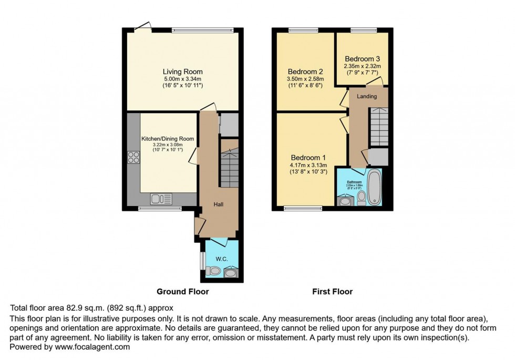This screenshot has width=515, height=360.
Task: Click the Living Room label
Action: [x=182, y=72]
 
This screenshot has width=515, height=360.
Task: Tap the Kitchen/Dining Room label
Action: [x=168, y=139]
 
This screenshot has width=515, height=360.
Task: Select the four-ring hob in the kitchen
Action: [x=133, y=158]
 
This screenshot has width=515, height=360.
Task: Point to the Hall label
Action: [x=219, y=204]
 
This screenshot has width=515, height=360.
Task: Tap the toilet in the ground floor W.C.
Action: [x=213, y=271]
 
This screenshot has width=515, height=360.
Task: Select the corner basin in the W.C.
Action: [x=231, y=272]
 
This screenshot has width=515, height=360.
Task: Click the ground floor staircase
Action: [x=229, y=166]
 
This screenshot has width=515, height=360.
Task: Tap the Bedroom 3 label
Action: [x=362, y=59]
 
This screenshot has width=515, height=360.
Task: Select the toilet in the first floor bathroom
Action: [x=361, y=198]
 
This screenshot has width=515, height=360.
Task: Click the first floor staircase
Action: [x=378, y=126]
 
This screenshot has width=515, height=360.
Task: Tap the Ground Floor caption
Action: [x=183, y=292]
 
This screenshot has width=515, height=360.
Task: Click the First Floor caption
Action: [x=332, y=292]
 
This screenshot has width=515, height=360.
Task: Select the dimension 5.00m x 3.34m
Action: [x=182, y=79]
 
